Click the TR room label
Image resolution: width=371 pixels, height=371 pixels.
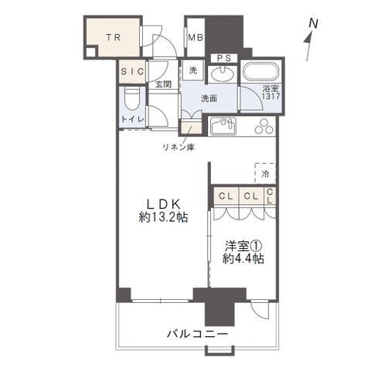click(114, 38)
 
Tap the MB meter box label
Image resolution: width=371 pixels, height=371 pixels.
click(196, 38)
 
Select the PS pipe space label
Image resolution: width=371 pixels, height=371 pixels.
click(224, 58)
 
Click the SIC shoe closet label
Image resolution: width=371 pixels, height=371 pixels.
click(132, 71)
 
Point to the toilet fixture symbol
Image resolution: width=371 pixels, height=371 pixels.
click(132, 99)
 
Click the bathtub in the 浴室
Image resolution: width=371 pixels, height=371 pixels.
click(261, 70)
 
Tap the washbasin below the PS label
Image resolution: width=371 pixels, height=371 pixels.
click(223, 73)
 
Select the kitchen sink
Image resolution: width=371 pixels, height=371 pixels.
click(223, 126)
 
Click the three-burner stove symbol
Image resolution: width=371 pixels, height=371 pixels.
click(264, 126)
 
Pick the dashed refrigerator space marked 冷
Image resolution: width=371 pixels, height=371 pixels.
click(265, 173)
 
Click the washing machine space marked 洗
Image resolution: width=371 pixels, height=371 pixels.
click(193, 70)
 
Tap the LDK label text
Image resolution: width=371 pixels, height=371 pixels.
click(163, 204)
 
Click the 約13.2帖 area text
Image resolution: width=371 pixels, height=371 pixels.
click(163, 217)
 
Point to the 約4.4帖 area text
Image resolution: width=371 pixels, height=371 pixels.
click(243, 259)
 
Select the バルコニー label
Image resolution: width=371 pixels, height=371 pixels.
click(198, 335)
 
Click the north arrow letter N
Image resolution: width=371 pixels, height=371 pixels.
click(313, 23)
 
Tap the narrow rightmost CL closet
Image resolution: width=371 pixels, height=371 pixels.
click(270, 196)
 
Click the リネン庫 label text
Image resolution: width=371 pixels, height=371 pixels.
click(179, 147)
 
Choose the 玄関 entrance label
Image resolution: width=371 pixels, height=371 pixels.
click(163, 84)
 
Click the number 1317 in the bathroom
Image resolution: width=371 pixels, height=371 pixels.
click(271, 97)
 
